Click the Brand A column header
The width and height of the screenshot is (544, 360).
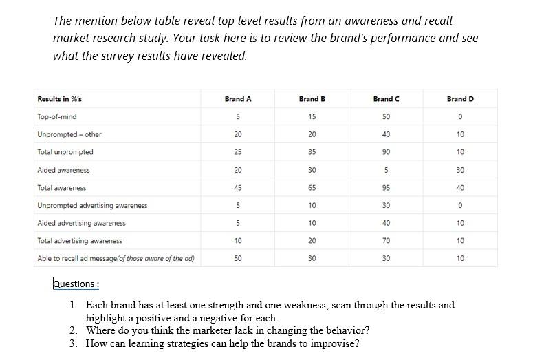(238, 99)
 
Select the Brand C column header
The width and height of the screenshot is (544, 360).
(386, 99)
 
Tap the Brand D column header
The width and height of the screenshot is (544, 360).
(460, 99)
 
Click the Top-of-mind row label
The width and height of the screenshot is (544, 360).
(57, 117)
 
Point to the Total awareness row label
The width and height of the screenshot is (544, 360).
(62, 188)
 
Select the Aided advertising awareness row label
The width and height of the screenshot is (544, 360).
(82, 223)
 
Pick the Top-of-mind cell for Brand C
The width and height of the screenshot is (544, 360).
(386, 117)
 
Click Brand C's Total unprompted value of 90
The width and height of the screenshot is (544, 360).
(386, 152)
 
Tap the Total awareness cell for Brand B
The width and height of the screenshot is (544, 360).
(312, 188)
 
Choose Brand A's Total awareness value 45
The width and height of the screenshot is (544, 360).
(238, 188)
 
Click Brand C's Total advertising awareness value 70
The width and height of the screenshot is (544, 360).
(386, 241)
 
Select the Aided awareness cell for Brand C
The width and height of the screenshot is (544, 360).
(386, 170)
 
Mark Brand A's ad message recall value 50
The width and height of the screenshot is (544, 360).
(238, 258)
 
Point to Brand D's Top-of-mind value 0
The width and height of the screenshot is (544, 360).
(460, 117)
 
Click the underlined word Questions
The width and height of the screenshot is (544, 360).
(75, 284)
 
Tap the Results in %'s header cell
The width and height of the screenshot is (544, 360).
(60, 99)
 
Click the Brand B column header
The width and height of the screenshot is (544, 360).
(312, 99)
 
